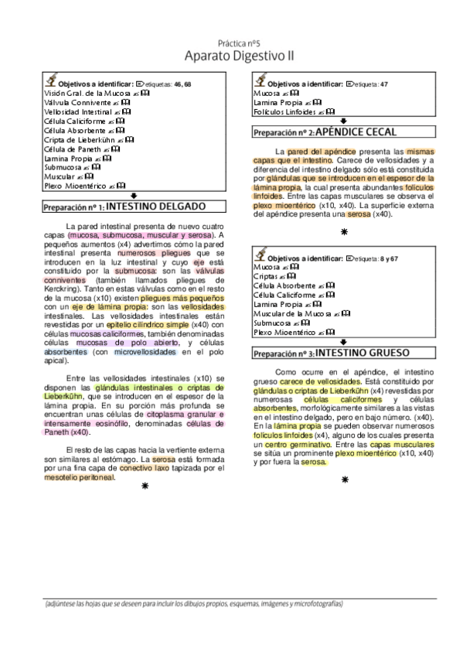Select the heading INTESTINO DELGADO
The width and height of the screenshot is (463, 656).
pos(155,207)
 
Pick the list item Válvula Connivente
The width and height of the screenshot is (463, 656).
pos(75,101)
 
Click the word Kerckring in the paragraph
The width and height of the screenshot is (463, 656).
pos(61,288)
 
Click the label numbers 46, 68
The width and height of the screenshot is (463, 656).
pos(183,83)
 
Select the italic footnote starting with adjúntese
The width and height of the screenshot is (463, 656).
pos(193,603)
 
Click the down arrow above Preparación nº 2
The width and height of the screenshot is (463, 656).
pos(342,121)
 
